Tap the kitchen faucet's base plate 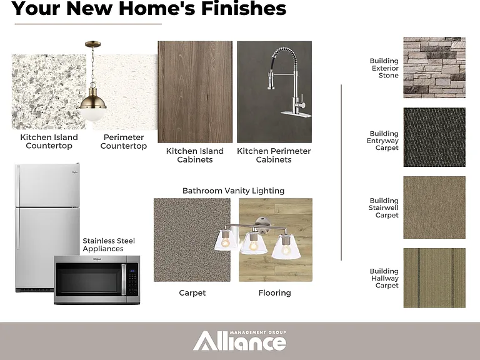(296, 114)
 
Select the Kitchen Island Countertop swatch (49, 92)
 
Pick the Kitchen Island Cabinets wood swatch (195, 92)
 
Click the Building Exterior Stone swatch (434, 67)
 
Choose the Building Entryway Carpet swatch (434, 137)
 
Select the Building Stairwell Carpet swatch (434, 207)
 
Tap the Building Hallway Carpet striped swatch (434, 277)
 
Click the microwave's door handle (124, 279)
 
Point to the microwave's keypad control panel (133, 279)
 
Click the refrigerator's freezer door (47, 185)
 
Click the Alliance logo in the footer (240, 341)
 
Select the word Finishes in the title (244, 8)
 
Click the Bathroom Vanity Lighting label (233, 191)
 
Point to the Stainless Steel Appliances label (109, 245)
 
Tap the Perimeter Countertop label (124, 141)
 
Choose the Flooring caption (274, 293)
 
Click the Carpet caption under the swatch (192, 293)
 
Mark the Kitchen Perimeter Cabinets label (274, 155)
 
